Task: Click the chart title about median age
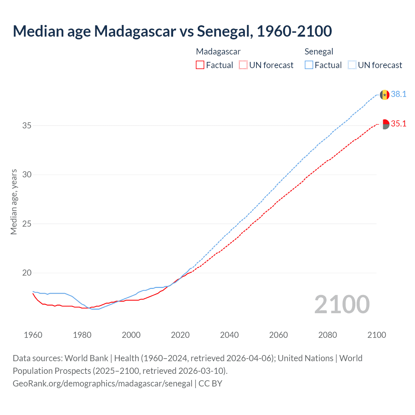point(172,31)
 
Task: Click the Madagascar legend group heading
point(218,52)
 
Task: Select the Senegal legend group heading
point(319,52)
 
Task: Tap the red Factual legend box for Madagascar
point(200,65)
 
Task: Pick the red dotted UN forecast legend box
point(243,65)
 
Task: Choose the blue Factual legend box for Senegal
point(309,65)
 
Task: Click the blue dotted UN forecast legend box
point(352,65)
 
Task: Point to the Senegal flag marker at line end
point(385,95)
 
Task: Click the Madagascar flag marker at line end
point(385,124)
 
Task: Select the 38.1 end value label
point(398,94)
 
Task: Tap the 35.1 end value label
point(398,124)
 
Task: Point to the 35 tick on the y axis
point(27,125)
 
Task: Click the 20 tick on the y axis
point(27,273)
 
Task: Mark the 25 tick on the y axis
point(27,224)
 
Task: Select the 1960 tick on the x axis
point(33,335)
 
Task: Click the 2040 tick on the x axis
point(229,335)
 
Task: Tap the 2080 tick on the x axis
point(327,335)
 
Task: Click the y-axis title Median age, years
point(14,202)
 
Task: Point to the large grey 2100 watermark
point(342,304)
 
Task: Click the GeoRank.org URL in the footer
point(102,384)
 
